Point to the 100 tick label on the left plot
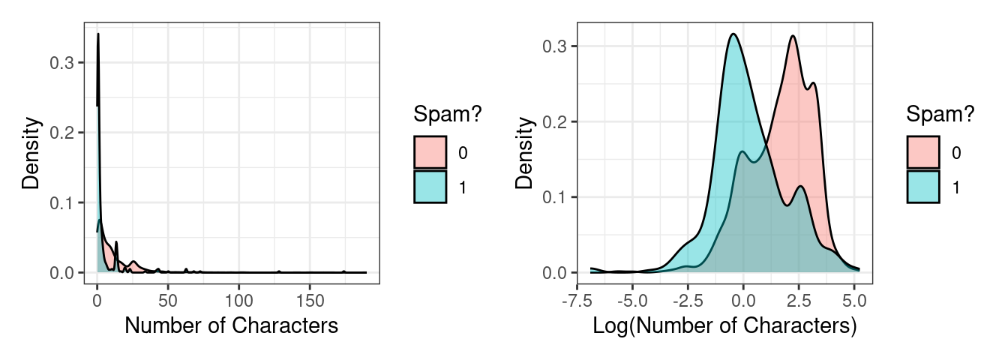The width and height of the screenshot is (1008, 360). tap(238, 300)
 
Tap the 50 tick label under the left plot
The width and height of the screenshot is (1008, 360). tap(167, 300)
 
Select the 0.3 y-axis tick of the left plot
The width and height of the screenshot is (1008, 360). tap(61, 63)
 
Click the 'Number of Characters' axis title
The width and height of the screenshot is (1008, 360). tap(231, 325)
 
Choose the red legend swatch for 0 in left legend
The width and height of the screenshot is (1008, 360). tap(430, 152)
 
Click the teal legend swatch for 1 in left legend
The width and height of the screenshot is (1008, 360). tap(430, 187)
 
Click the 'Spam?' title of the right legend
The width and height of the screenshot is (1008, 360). tap(940, 115)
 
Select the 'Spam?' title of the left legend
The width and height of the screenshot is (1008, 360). tap(448, 115)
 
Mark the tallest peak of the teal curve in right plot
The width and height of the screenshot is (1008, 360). tap(733, 34)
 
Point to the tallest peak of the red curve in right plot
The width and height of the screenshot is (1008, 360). tap(792, 36)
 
